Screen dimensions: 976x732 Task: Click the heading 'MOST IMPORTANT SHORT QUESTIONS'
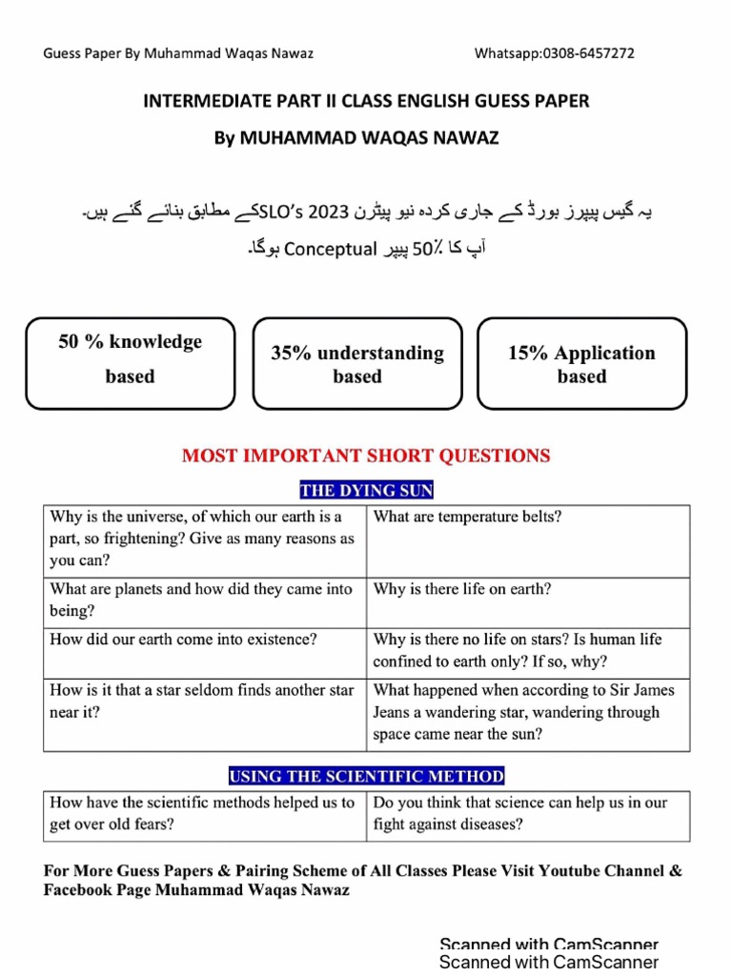366,457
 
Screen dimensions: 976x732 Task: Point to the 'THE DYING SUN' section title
366,491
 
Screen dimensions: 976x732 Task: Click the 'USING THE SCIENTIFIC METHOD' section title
366,776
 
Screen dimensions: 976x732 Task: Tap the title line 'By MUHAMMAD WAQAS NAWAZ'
366,138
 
